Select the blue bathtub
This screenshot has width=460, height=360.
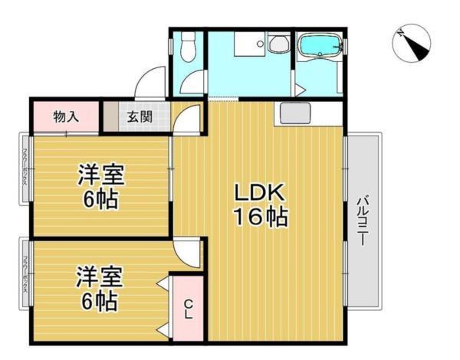coord(319,47)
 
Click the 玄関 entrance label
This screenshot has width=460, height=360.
coord(139,117)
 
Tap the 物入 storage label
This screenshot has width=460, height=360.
coord(65,117)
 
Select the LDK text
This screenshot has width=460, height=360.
coord(259,192)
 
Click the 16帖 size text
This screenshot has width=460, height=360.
coord(259,218)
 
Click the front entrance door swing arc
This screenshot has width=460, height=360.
coord(150,83)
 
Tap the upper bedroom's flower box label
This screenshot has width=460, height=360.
coord(25,168)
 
